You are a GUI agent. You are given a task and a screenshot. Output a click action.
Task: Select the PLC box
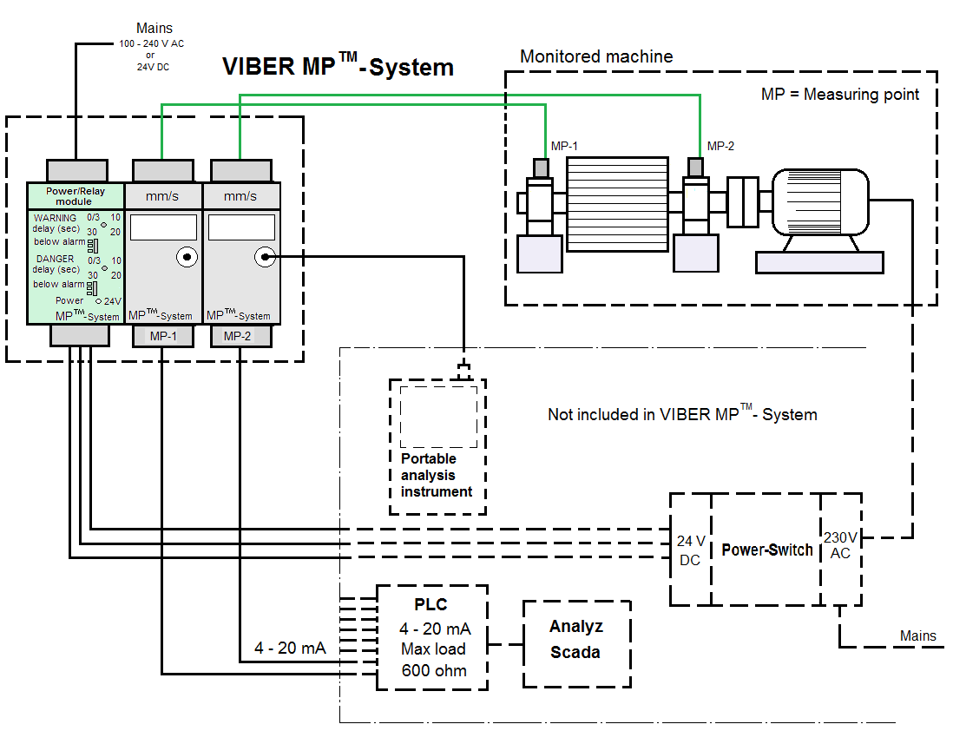coord(432,637)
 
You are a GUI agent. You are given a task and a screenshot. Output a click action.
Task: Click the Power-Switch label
coord(767,550)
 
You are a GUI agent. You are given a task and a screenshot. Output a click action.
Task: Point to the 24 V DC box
coord(689,550)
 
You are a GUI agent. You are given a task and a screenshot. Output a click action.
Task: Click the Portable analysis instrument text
coord(436,475)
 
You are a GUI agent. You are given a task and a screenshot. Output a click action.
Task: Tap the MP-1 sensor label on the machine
coord(564,146)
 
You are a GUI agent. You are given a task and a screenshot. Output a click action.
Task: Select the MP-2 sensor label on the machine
coord(720,146)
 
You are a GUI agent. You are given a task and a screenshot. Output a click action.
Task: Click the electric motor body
coord(819,200)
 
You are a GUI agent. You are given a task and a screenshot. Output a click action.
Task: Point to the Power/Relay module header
coord(75,195)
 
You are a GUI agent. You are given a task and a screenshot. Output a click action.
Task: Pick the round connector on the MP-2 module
coord(264,257)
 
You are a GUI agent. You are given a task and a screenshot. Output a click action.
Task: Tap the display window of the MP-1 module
coord(163,227)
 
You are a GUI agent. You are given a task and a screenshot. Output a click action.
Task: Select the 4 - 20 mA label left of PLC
coord(290,649)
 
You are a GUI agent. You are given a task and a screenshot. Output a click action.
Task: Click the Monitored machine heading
coord(595,56)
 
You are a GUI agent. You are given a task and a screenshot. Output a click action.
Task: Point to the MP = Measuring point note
coord(839,94)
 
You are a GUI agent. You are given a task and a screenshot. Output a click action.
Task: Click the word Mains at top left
coord(155,29)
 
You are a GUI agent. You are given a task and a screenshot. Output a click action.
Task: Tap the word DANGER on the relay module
coord(55,259)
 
